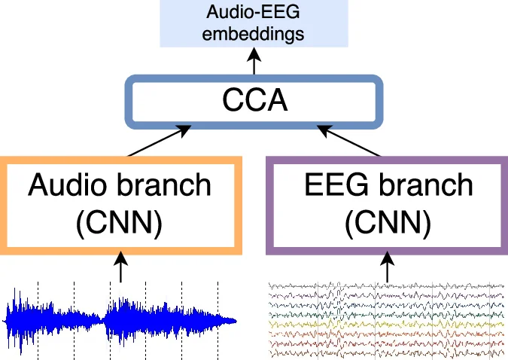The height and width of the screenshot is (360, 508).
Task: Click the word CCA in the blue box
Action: coord(254,100)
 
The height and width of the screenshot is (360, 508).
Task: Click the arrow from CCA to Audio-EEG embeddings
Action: coord(254,62)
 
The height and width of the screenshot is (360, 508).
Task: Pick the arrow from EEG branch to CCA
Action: coord(350,142)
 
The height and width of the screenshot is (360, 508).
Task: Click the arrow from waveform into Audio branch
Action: coord(120,268)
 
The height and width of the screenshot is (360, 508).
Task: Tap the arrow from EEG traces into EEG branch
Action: coord(388,268)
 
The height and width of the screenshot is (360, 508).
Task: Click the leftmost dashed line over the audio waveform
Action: coord(38,316)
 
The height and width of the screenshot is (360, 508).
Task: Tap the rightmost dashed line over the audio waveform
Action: coord(218,316)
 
